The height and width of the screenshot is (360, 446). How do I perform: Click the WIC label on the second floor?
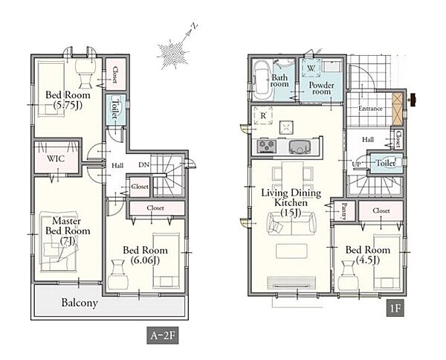56,158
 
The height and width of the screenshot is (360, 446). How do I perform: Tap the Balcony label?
80,303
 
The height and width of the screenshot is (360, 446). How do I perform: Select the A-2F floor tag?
163,335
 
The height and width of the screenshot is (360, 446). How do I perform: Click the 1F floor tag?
395,308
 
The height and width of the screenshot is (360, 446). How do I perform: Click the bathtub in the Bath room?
262,80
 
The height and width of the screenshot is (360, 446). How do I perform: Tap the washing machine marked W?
311,68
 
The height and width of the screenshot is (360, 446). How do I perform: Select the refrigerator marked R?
263,115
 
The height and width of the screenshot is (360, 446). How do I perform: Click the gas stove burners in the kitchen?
267,146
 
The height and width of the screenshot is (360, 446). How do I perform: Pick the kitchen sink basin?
300,147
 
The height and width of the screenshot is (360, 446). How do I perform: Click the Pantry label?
344,211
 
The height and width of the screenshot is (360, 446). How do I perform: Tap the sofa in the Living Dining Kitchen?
291,223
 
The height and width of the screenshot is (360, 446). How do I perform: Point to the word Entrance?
370,109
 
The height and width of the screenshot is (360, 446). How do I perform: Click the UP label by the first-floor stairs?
356,164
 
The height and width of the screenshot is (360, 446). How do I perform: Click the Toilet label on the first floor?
386,163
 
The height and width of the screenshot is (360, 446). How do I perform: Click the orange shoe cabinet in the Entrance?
398,109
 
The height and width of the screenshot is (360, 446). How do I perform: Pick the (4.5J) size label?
367,260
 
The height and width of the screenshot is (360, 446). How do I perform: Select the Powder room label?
321,89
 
